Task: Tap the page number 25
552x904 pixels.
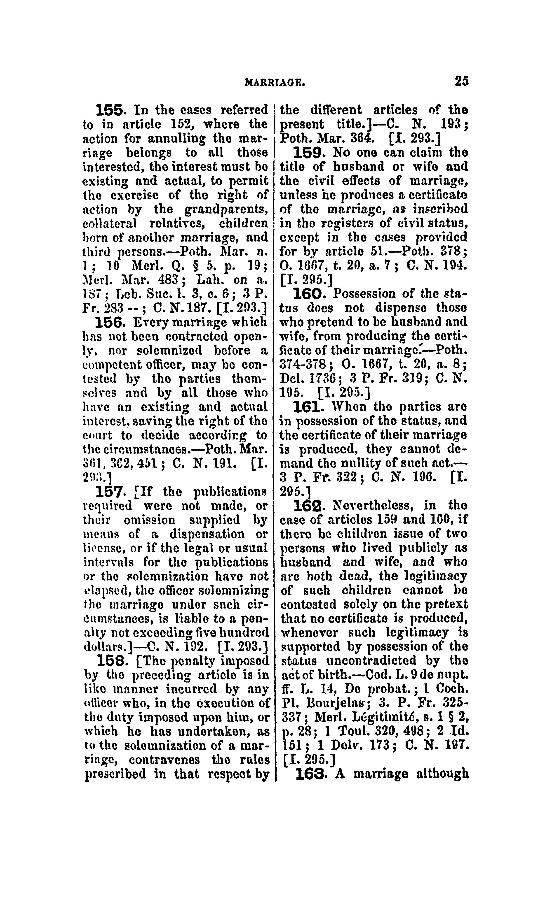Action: [x=461, y=81]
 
